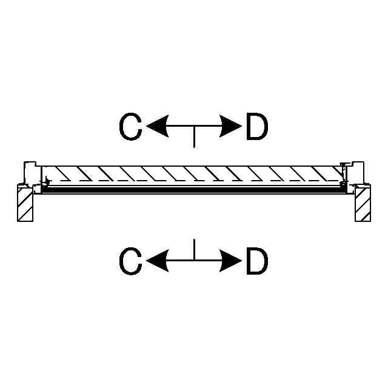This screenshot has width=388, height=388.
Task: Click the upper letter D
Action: pyautogui.click(x=256, y=127)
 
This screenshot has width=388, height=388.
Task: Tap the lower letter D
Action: pyautogui.click(x=256, y=262)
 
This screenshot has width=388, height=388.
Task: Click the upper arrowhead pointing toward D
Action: pyautogui.click(x=231, y=127)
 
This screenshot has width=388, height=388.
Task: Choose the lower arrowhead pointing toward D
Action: pyautogui.click(x=231, y=262)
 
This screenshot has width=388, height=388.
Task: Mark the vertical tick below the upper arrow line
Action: pyautogui.click(x=193, y=138)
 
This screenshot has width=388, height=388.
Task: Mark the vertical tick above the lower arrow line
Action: pyautogui.click(x=193, y=250)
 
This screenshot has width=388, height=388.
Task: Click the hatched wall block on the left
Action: pyautogui.click(x=25, y=204)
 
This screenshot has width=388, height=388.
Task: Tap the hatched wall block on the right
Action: pyautogui.click(x=363, y=204)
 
